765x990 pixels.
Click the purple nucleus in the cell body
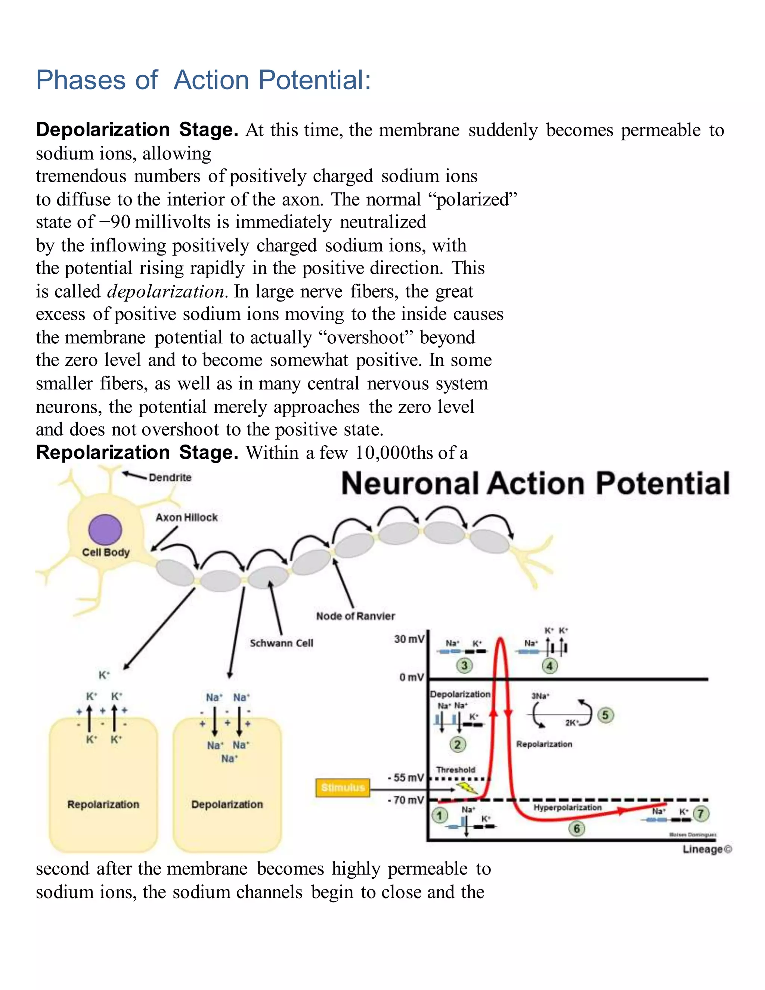pyautogui.click(x=105, y=529)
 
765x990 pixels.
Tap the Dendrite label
pyautogui.click(x=170, y=477)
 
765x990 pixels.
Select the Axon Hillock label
pyautogui.click(x=186, y=517)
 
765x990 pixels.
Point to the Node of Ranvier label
pyautogui.click(x=355, y=616)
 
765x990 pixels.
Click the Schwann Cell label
pyautogui.click(x=281, y=643)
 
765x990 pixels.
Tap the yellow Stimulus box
pyautogui.click(x=343, y=788)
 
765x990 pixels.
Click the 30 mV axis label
pyautogui.click(x=409, y=639)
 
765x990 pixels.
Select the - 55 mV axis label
pyautogui.click(x=406, y=778)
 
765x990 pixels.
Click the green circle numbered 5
pyautogui.click(x=605, y=715)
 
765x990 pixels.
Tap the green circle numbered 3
pyautogui.click(x=464, y=665)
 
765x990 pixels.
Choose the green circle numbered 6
pyautogui.click(x=576, y=829)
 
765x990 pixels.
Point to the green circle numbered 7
pyautogui.click(x=701, y=813)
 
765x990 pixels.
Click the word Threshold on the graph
pyautogui.click(x=455, y=770)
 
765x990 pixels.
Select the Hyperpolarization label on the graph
pyautogui.click(x=567, y=808)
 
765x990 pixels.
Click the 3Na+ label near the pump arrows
pyautogui.click(x=540, y=696)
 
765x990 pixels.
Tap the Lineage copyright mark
pyautogui.click(x=707, y=849)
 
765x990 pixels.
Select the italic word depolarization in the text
pyautogui.click(x=166, y=291)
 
